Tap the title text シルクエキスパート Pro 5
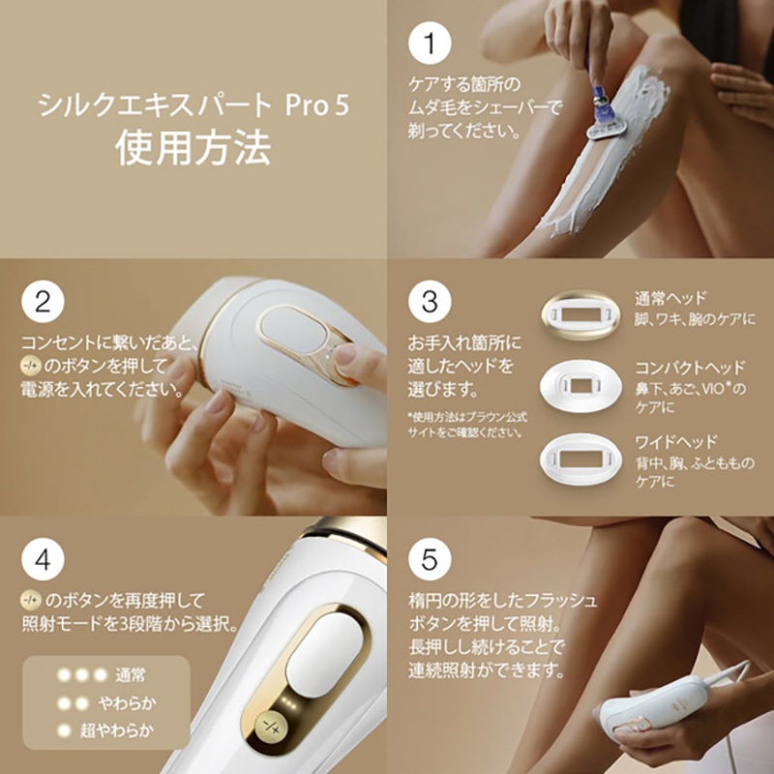tap(193, 105)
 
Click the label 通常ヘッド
tap(670, 298)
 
